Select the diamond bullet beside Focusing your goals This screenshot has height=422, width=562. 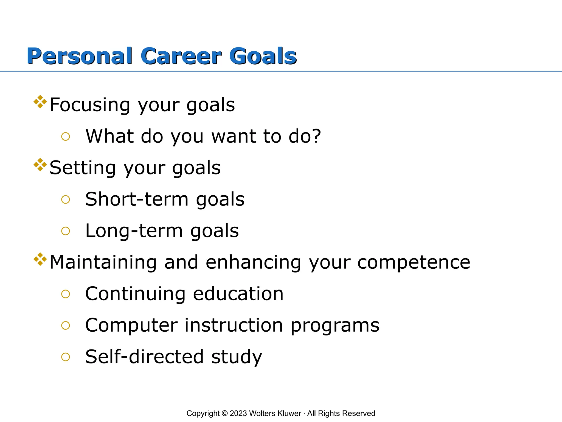coord(40,102)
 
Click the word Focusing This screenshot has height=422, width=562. coord(90,105)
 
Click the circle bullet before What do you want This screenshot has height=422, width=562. coord(66,137)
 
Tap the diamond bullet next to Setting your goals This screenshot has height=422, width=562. coord(40,165)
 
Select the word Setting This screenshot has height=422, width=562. coord(83,168)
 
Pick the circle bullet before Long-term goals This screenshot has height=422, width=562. coord(66,231)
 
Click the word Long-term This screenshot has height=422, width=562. coord(134,231)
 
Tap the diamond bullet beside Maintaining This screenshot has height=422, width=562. coord(40,259)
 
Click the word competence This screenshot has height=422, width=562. coord(414,262)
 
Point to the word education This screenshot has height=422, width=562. coord(238,294)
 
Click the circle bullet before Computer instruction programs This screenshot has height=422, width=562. coord(66,326)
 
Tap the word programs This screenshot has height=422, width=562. coord(335,326)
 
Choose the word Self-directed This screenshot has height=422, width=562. coord(144,357)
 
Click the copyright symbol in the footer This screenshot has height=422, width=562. coord(224,413)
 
